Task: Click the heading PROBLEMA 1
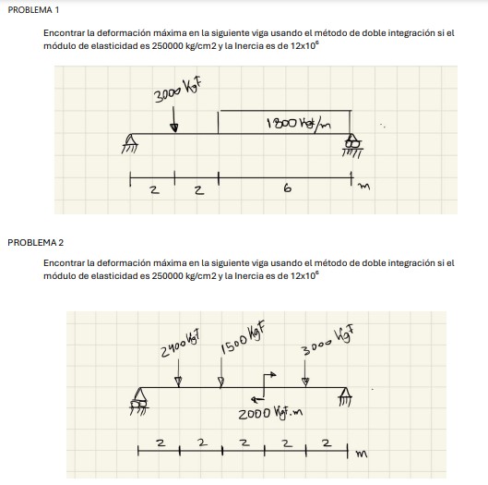[x=31, y=9]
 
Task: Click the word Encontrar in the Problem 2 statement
[x=63, y=263]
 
